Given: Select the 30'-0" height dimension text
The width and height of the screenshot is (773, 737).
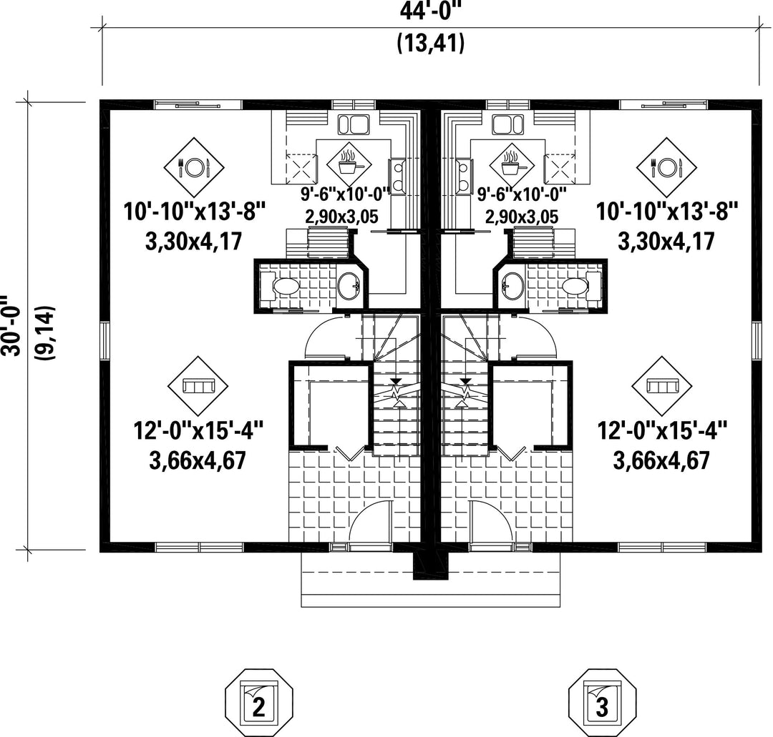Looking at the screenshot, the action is (x=11, y=325).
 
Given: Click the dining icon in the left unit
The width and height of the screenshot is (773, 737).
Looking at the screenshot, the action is (x=194, y=167).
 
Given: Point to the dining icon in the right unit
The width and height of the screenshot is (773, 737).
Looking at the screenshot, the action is (x=666, y=167).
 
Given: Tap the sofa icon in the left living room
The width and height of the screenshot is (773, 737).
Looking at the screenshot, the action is (x=198, y=386).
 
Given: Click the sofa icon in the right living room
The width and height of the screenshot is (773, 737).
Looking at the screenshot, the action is (x=662, y=386).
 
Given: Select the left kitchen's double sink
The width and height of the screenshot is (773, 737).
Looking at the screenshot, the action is (x=354, y=124).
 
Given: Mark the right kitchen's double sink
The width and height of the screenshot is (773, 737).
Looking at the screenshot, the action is (x=507, y=124).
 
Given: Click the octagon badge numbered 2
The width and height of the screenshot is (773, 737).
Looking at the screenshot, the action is (x=259, y=703).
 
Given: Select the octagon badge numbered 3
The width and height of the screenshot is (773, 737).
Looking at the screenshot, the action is (x=602, y=703).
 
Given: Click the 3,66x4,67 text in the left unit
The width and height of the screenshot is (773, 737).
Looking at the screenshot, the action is (x=198, y=461).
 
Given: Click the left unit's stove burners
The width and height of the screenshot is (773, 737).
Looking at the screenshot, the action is (x=397, y=177).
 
